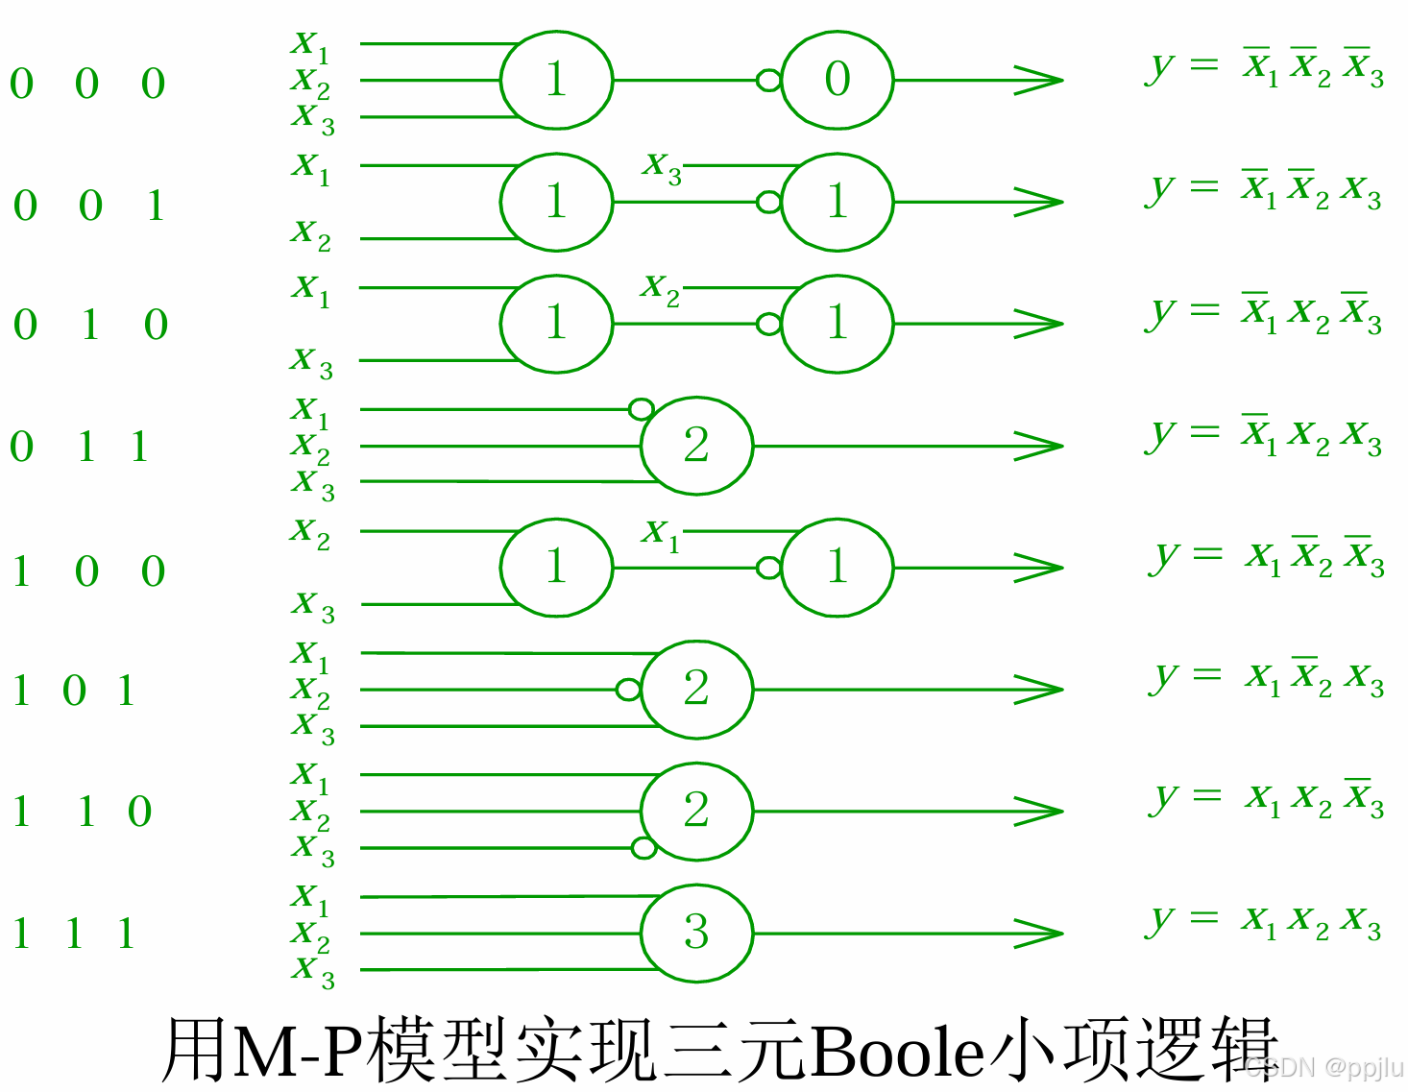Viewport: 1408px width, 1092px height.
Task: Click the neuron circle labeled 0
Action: pyautogui.click(x=838, y=80)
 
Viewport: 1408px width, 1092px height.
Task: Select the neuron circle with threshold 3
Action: pyautogui.click(x=696, y=933)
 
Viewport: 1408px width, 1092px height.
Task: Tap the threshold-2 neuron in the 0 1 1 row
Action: pyautogui.click(x=696, y=446)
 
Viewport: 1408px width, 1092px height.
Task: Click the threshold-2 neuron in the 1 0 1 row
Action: pyautogui.click(x=696, y=690)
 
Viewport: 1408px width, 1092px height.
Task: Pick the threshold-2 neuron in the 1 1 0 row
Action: pyautogui.click(x=696, y=812)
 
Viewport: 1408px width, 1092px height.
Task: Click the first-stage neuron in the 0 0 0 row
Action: pyautogui.click(x=556, y=80)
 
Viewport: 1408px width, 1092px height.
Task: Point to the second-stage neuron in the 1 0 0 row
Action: pyautogui.click(x=838, y=568)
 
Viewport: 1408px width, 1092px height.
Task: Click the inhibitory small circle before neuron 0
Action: pyautogui.click(x=768, y=80)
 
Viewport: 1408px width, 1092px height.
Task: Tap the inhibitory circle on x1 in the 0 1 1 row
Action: pyautogui.click(x=641, y=409)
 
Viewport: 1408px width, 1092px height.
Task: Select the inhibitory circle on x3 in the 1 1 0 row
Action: pyautogui.click(x=643, y=848)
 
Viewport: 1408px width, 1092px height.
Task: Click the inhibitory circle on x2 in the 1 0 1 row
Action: pyautogui.click(x=628, y=690)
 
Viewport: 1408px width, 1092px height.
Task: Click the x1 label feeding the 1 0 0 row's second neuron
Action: pyautogui.click(x=662, y=532)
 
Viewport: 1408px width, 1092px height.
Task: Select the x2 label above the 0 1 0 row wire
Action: pyautogui.click(x=661, y=287)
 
